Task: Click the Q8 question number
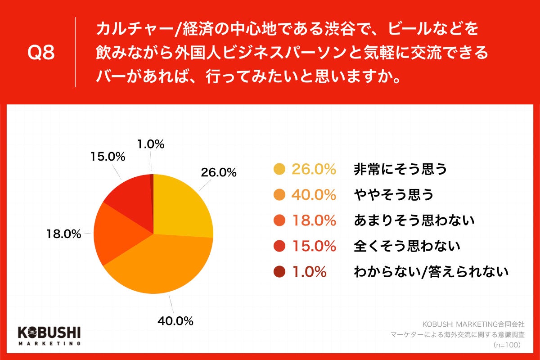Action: click(41, 53)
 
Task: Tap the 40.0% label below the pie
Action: click(175, 321)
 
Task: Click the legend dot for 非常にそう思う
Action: click(279, 169)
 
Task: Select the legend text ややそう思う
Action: click(394, 195)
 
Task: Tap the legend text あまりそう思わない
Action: click(414, 220)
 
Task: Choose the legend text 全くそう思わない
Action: click(407, 246)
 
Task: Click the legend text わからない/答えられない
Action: click(431, 272)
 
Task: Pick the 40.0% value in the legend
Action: click(314, 195)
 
